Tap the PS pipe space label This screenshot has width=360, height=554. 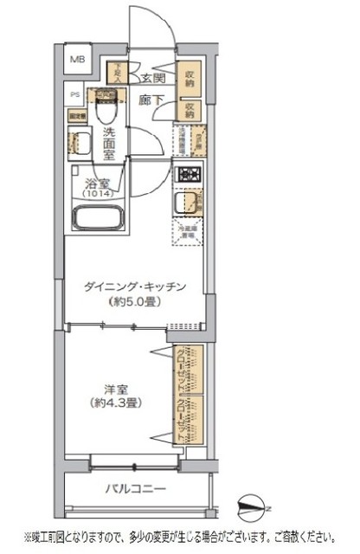click(75, 96)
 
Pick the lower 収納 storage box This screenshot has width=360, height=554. click(190, 108)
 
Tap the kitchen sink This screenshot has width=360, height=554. click(186, 204)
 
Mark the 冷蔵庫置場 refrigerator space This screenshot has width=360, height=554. click(187, 229)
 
